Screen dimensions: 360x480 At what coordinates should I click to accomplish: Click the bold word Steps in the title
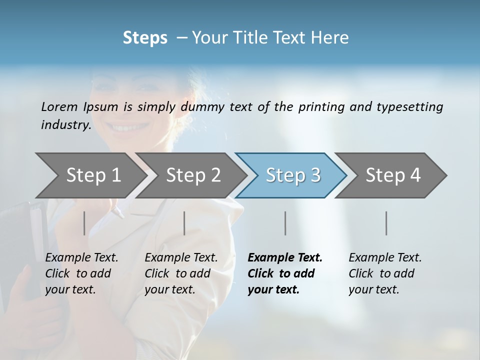coord(145,38)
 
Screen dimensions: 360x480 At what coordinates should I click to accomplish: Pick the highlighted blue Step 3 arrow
coord(293,175)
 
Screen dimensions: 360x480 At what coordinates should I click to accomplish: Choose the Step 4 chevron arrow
coord(393,175)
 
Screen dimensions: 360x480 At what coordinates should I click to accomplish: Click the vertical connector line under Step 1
coord(84,223)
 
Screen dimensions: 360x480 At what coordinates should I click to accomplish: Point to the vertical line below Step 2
coord(184,223)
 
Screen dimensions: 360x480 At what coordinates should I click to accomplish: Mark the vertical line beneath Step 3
coord(285,223)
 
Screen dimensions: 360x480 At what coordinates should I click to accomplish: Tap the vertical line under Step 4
coord(386,223)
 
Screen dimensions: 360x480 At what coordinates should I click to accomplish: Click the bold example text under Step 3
coord(284,273)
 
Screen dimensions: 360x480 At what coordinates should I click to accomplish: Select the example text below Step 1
coord(81,273)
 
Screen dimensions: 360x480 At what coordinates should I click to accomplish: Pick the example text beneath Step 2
coord(181,273)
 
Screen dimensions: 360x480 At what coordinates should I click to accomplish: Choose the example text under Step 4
coord(385,273)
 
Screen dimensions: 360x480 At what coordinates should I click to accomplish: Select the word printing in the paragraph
coord(320,106)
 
